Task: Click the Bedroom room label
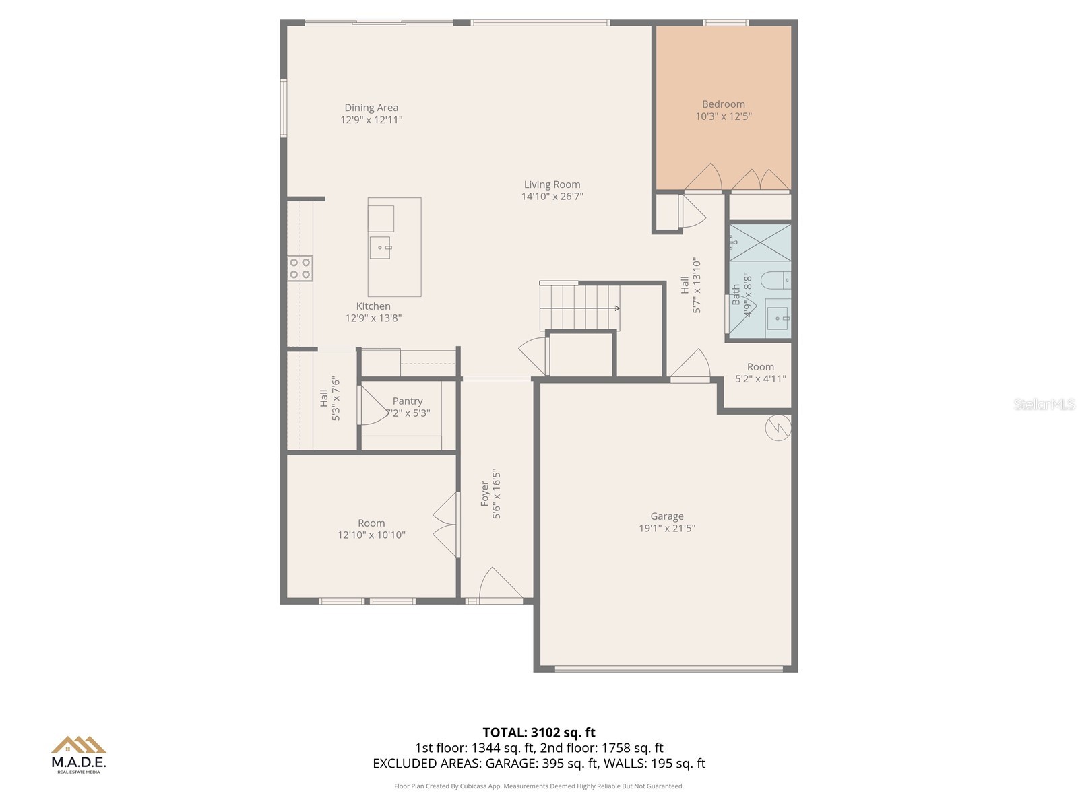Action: tap(723, 104)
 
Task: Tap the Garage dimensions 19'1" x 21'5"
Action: tap(667, 529)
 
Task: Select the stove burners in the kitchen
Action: tap(300, 268)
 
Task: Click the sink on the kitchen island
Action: tap(380, 248)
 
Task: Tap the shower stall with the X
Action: tap(760, 242)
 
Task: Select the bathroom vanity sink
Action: tap(778, 318)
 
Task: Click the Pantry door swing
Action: tap(371, 406)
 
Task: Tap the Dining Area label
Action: tap(371, 108)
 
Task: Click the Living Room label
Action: tap(552, 184)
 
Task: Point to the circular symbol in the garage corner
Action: tap(778, 428)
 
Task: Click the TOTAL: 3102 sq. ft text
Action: tap(539, 733)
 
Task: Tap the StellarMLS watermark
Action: tap(1044, 405)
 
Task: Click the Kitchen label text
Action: tap(373, 306)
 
